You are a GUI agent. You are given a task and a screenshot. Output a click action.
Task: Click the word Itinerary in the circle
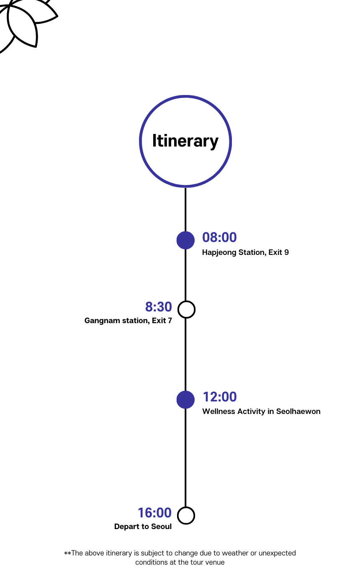pos(185,141)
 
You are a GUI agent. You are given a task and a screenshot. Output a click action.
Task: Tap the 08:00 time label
pos(219,237)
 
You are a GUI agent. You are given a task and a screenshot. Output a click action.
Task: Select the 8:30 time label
pos(159,307)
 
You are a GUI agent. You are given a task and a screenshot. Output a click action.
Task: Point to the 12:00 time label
pos(220,397)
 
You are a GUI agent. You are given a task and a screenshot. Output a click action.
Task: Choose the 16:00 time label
pos(154,513)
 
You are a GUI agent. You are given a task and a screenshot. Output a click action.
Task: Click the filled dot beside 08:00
pos(185,240)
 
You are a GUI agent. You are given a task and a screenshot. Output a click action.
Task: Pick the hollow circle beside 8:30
pos(186,309)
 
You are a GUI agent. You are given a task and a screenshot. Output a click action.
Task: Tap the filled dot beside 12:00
pos(185,400)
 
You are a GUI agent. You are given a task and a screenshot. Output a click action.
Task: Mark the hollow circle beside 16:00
pos(186,515)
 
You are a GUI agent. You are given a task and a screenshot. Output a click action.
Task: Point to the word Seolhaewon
pos(298,411)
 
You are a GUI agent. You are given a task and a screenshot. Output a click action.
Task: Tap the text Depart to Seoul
pos(143,527)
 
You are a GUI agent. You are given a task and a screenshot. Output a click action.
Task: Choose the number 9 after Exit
pos(286,252)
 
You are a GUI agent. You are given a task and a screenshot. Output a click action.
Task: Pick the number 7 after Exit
pos(170,321)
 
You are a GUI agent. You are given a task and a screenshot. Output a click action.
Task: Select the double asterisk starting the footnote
pos(67,553)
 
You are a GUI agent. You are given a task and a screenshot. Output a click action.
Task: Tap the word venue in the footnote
pos(215,562)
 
